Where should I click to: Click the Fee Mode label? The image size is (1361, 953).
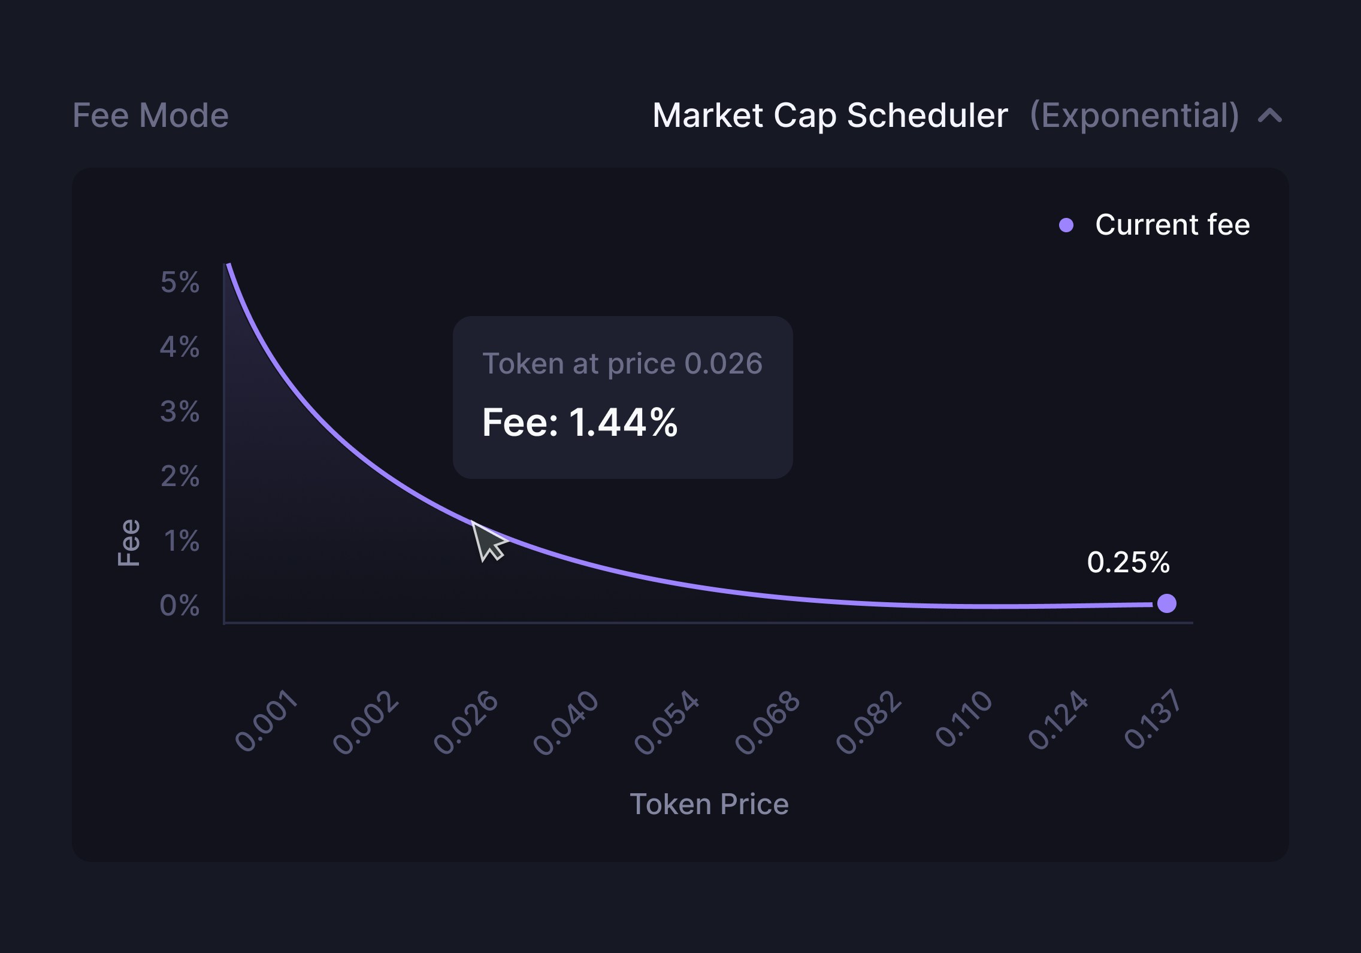pyautogui.click(x=150, y=115)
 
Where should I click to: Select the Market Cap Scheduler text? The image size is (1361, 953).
pyautogui.click(x=830, y=115)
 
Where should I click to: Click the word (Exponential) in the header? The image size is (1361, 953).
pyautogui.click(x=1134, y=115)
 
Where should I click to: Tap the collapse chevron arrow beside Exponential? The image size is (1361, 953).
pyautogui.click(x=1270, y=115)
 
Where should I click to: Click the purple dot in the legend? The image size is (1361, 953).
pyautogui.click(x=1066, y=225)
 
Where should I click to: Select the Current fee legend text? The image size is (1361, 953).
pyautogui.click(x=1172, y=225)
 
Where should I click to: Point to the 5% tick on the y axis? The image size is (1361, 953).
pyautogui.click(x=180, y=282)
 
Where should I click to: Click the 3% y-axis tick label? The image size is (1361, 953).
pyautogui.click(x=180, y=411)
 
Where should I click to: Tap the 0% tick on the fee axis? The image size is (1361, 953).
pyautogui.click(x=180, y=605)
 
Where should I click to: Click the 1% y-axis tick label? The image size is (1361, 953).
pyautogui.click(x=182, y=541)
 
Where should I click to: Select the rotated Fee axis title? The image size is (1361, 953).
pyautogui.click(x=129, y=542)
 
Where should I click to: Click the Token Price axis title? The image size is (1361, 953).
pyautogui.click(x=709, y=804)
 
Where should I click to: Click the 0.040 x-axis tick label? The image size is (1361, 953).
pyautogui.click(x=565, y=722)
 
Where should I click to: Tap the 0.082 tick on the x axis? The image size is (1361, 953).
pyautogui.click(x=868, y=722)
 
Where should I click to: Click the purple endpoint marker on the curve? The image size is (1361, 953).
pyautogui.click(x=1166, y=603)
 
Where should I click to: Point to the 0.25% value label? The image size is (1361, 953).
pyautogui.click(x=1128, y=562)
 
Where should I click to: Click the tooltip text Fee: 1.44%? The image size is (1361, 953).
pyautogui.click(x=579, y=423)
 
